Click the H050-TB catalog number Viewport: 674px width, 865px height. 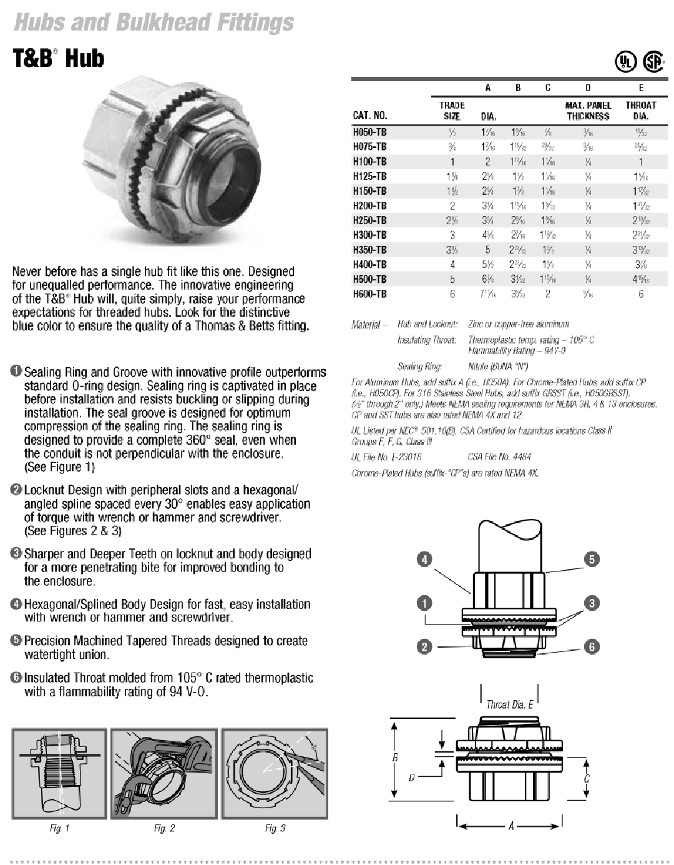pos(369,132)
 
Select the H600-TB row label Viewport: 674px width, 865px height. pos(369,294)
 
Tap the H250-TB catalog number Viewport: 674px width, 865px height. pos(369,220)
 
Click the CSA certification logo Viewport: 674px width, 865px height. pos(653,61)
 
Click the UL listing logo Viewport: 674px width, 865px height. pos(625,61)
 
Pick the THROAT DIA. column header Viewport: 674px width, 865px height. pos(640,111)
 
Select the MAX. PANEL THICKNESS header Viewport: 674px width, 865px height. pos(588,111)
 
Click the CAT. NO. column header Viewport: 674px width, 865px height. pos(369,116)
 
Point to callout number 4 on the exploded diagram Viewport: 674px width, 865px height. pos(424,560)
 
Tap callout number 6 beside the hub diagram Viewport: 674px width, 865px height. pos(592,647)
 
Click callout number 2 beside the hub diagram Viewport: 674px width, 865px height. pos(424,647)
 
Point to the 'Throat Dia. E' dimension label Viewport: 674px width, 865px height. pos(509,704)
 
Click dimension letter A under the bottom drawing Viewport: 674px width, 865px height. pos(510,826)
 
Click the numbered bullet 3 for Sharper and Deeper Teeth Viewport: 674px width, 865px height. pos(17,553)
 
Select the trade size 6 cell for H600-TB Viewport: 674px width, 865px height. pos(452,294)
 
